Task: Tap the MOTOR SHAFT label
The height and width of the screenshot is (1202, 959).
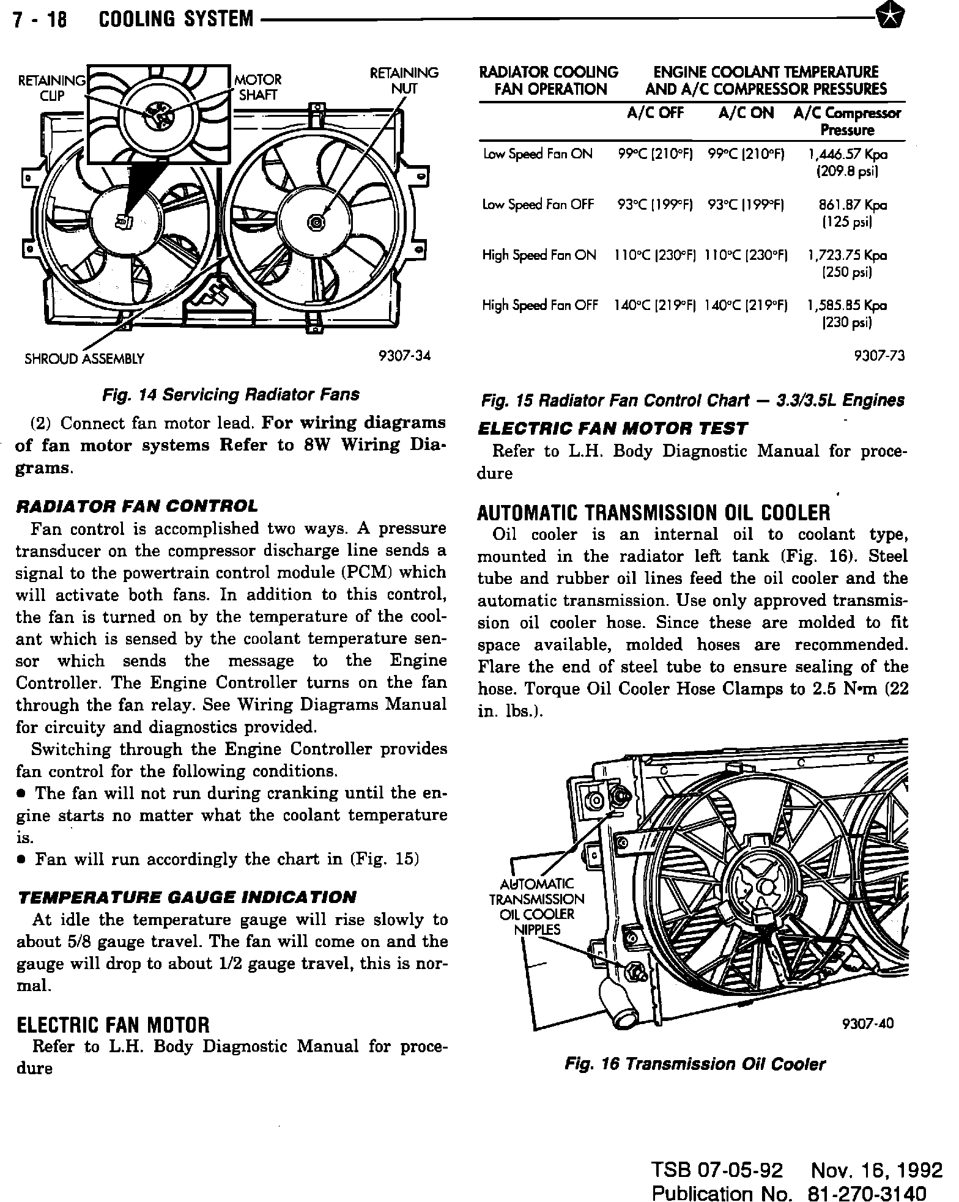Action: click(258, 87)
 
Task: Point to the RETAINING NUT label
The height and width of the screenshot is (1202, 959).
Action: click(404, 81)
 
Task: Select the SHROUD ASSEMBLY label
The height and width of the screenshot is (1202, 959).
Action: click(84, 359)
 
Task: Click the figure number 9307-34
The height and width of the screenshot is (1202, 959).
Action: click(405, 356)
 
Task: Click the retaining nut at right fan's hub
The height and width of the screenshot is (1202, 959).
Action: click(316, 221)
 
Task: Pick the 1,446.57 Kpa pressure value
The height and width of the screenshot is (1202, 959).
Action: click(847, 155)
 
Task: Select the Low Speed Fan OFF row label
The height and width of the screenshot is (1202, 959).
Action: click(538, 205)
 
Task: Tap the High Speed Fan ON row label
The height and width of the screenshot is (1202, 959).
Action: click(539, 256)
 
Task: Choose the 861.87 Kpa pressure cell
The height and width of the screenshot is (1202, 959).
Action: click(853, 205)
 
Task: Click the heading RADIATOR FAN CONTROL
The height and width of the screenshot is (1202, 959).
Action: click(136, 506)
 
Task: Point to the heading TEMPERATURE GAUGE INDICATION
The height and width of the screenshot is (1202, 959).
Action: click(187, 897)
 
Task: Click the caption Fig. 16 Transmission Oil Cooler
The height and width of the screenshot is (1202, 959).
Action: click(695, 1064)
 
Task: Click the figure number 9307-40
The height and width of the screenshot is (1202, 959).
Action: click(867, 1023)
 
